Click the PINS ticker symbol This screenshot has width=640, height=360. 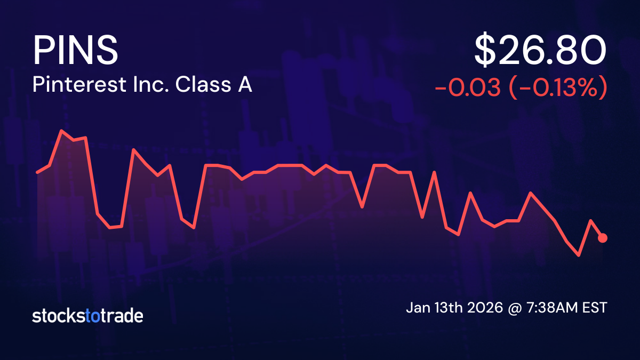pyautogui.click(x=75, y=50)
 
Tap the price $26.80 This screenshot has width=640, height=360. pyautogui.click(x=540, y=51)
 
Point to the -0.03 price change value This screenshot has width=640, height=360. pyautogui.click(x=467, y=88)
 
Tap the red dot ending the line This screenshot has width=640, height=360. pyautogui.click(x=603, y=238)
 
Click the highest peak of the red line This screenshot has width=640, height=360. pyautogui.click(x=62, y=130)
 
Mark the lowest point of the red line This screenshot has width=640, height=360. pyautogui.click(x=579, y=255)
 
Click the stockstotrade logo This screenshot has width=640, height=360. pyautogui.click(x=87, y=316)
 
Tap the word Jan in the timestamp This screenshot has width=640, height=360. pyautogui.click(x=418, y=308)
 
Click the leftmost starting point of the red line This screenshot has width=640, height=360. pyautogui.click(x=37, y=172)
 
